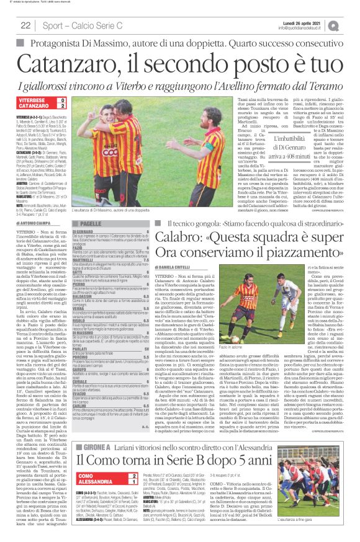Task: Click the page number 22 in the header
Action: pyautogui.click(x=25, y=25)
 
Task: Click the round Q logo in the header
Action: pyautogui.click(x=351, y=25)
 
